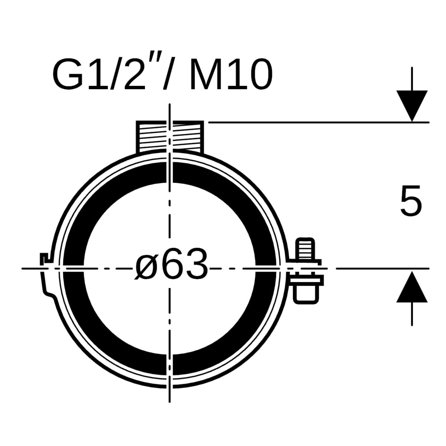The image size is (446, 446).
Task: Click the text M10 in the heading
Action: pos(231,75)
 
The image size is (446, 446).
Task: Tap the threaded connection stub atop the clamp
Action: pos(170,137)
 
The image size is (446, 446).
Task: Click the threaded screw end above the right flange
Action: pos(306,249)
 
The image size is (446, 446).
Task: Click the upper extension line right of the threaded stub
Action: pos(319,122)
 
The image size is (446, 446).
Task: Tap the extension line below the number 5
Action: pos(382,268)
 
